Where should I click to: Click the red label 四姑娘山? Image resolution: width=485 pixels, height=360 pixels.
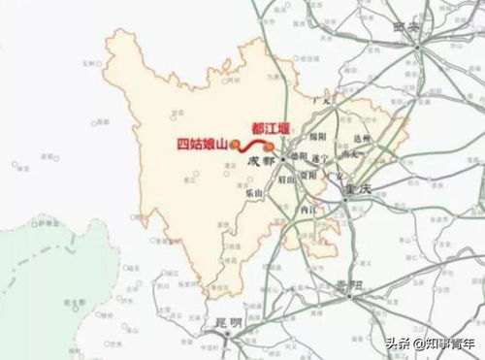pyautogui.click(x=201, y=146)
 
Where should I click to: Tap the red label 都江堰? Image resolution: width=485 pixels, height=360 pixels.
pyautogui.click(x=271, y=127)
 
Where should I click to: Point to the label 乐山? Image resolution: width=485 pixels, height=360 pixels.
pyautogui.click(x=255, y=195)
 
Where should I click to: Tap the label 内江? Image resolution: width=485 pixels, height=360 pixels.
pyautogui.click(x=311, y=211)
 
